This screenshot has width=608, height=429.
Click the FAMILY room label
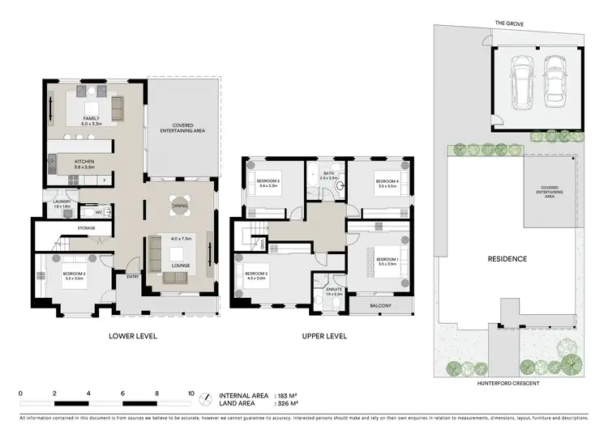91,118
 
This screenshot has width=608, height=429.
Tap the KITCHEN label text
85,161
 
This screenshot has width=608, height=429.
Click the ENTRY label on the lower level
132,277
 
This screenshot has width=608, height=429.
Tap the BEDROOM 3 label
268,181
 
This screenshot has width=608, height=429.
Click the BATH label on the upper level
328,172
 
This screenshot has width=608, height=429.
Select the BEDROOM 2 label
257,273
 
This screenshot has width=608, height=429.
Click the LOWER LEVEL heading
132,335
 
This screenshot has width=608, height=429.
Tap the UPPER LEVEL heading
324,335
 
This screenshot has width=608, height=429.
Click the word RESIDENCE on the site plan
507,259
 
